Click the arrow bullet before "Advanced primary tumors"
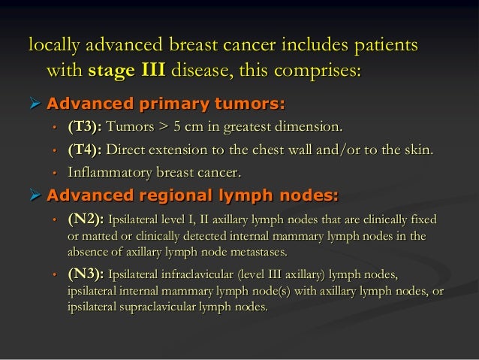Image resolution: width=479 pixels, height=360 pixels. [35, 101]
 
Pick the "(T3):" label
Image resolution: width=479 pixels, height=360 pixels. [86, 126]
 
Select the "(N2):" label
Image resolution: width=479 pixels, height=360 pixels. [86, 220]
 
